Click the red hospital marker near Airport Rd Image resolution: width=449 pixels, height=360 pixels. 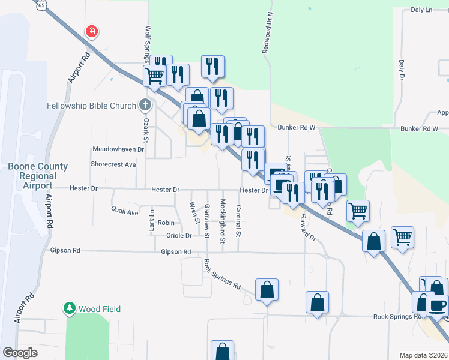coord(91,31)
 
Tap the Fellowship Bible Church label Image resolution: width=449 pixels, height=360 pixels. coord(92,106)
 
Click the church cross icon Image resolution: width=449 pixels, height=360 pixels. coord(145,106)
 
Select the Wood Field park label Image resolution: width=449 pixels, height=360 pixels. coord(100,309)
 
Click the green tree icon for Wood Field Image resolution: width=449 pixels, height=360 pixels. coord(70,309)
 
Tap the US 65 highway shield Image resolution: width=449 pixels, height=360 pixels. coord(41,4)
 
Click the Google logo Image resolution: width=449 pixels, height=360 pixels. coord(20,353)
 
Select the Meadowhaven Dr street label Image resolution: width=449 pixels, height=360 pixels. coord(118,149)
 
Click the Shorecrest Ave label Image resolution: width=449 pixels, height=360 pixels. coord(113,164)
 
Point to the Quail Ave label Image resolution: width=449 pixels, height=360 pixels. coord(125,211)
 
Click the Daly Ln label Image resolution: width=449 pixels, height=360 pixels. coord(421,10)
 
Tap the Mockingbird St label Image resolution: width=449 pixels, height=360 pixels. coord(223,221)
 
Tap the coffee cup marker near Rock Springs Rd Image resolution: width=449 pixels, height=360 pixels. coord(436,305)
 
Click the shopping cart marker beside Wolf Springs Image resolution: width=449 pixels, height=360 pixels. coord(154,76)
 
